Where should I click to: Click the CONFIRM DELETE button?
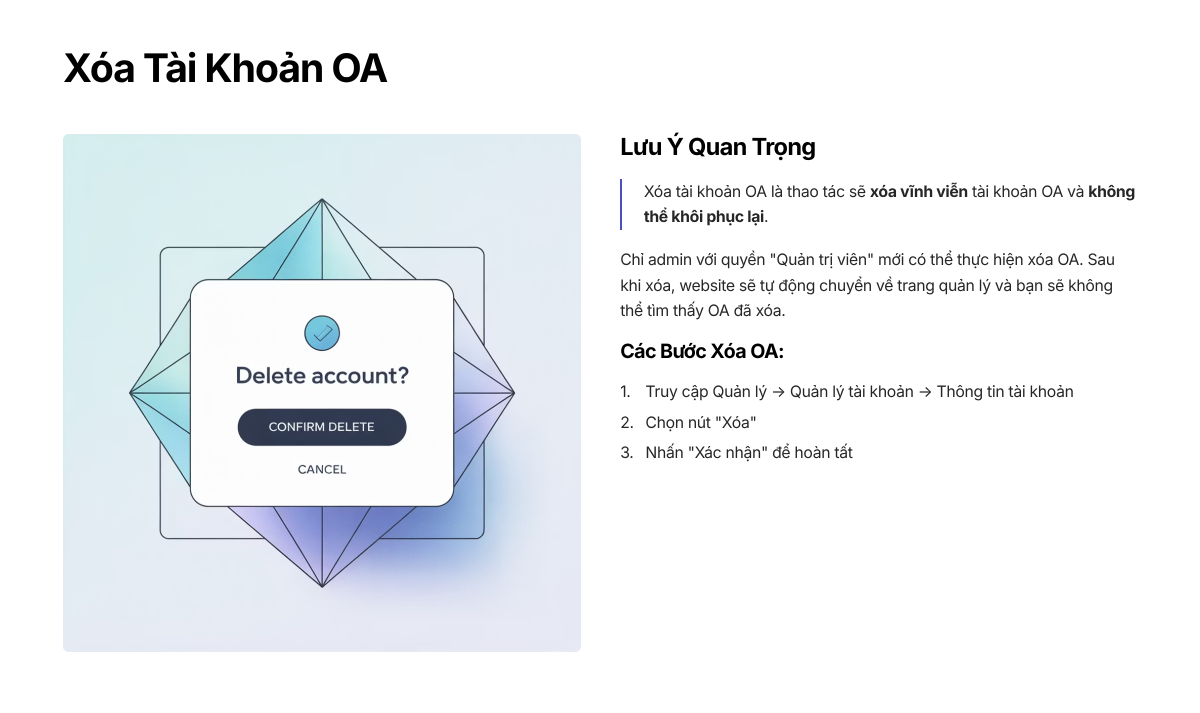point(322,427)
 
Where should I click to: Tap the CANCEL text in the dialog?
point(322,469)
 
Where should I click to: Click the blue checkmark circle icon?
point(322,333)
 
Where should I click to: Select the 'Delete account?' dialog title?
point(322,375)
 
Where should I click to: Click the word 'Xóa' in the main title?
point(99,68)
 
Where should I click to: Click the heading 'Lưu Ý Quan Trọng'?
point(717,147)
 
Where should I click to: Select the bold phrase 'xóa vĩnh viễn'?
point(919,191)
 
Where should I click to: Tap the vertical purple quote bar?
point(621,204)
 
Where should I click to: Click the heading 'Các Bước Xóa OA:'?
point(702,351)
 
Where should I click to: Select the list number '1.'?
point(625,391)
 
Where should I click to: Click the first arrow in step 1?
point(778,392)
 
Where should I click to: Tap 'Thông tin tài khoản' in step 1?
point(1005,391)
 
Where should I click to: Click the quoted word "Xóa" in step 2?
point(735,422)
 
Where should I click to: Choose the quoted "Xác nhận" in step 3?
point(728,452)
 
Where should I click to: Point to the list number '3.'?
point(627,452)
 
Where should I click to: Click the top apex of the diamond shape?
point(322,199)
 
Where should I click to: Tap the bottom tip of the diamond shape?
point(322,587)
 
